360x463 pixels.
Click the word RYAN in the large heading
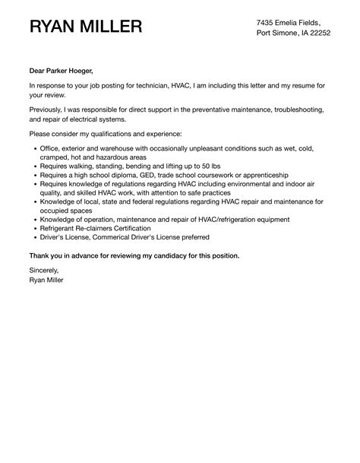tap(55, 27)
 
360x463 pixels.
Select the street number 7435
tap(267, 22)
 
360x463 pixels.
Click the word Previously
tap(50, 110)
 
